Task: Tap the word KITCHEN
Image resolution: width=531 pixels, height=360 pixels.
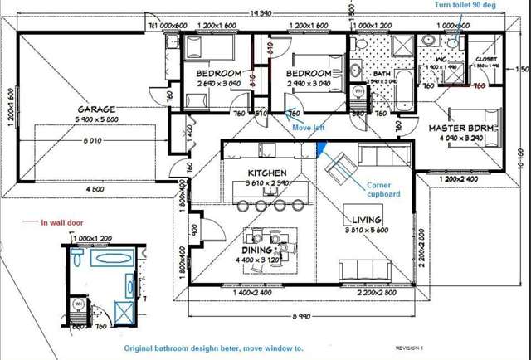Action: [x=267, y=171]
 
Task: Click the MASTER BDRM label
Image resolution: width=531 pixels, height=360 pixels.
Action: [x=463, y=129]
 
